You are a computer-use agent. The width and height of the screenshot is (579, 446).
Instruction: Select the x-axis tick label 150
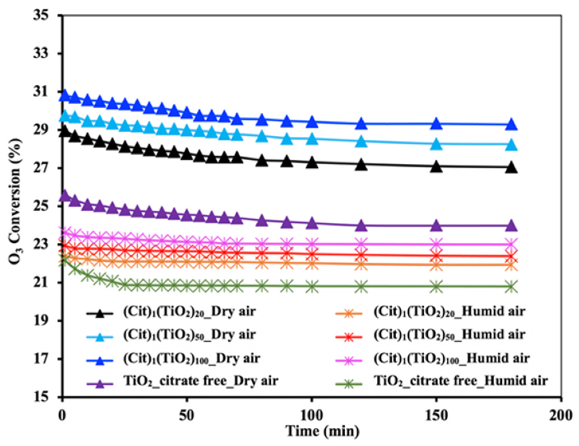tap(436, 415)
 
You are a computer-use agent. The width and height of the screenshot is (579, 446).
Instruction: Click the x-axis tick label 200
tap(561, 415)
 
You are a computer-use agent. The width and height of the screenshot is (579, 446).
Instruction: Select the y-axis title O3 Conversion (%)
tap(15, 202)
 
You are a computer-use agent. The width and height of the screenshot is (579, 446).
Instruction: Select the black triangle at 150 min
tap(436, 167)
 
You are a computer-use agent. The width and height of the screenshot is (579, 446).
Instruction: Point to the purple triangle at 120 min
tap(361, 226)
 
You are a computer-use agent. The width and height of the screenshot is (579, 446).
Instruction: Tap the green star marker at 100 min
tap(312, 286)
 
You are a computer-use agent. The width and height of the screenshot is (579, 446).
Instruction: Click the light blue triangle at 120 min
tap(361, 141)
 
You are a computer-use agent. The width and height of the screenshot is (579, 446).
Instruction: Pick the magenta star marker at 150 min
tap(436, 244)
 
